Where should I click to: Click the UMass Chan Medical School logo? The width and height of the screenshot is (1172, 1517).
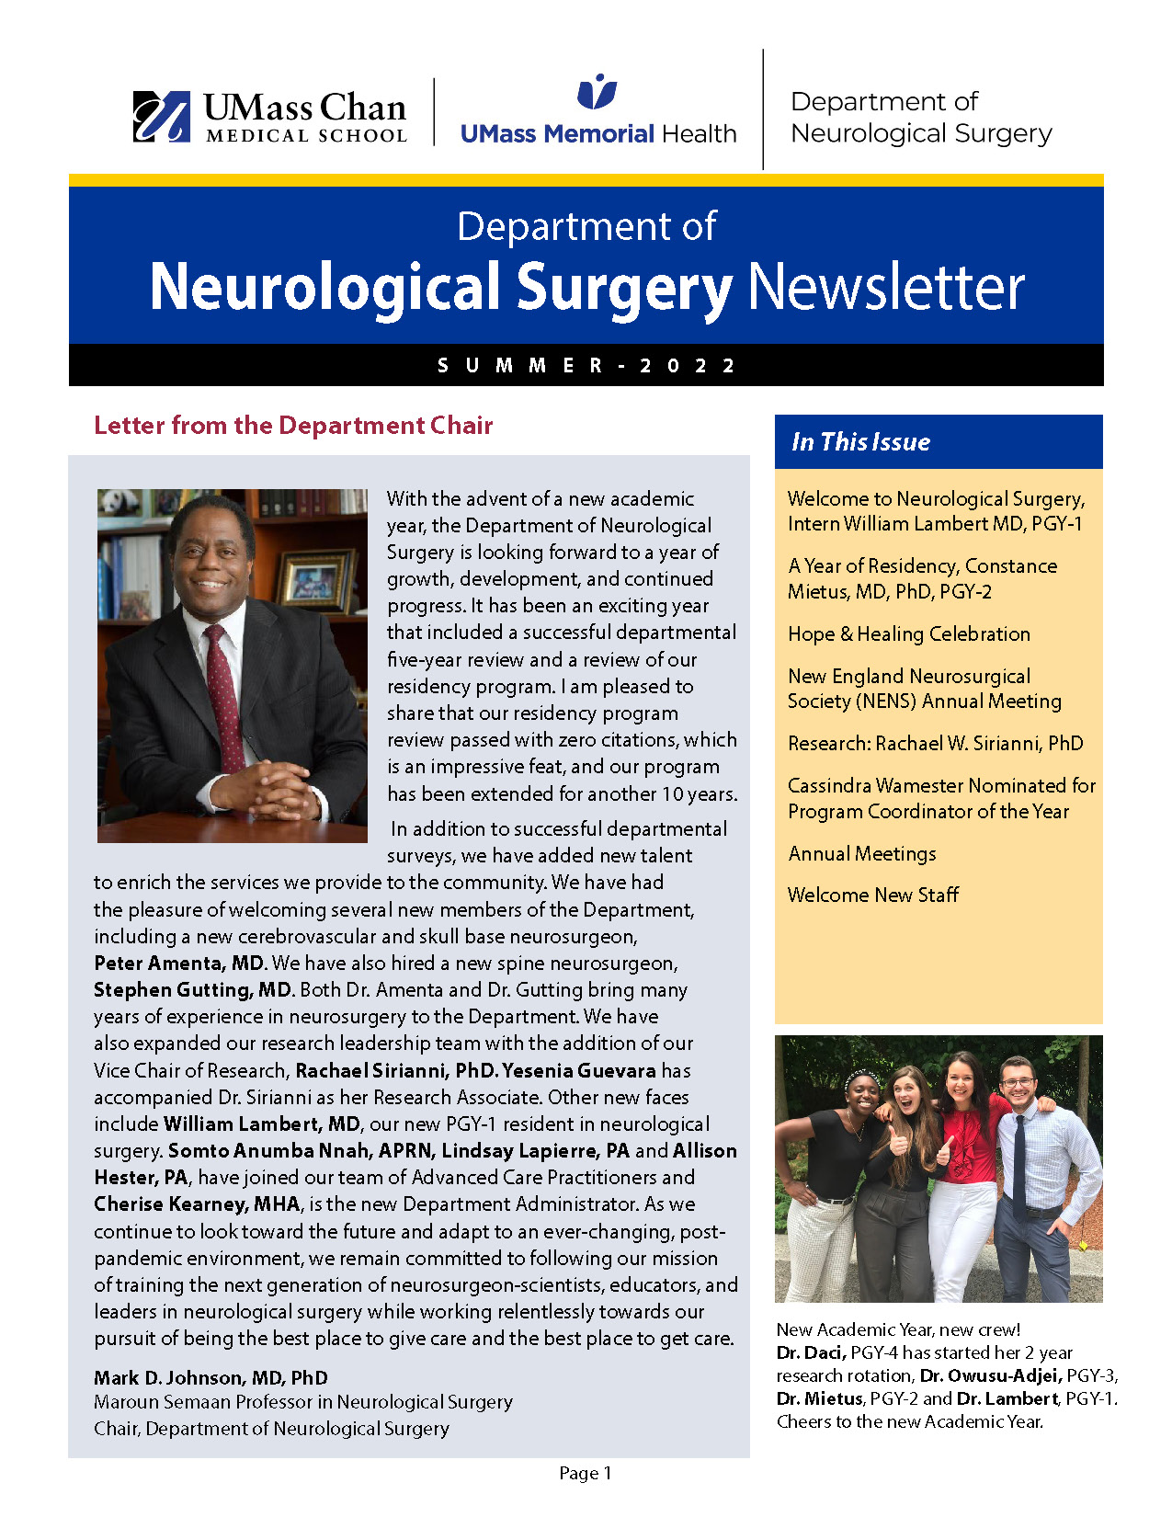pos(269,118)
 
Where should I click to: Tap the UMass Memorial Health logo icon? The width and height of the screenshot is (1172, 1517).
pos(597,92)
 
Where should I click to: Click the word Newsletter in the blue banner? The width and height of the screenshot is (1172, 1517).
pos(886,288)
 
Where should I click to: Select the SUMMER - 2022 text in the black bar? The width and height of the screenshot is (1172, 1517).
pos(586,366)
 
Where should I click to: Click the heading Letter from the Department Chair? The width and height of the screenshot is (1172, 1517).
pos(293,426)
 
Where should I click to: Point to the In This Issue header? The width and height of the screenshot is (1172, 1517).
pos(860,442)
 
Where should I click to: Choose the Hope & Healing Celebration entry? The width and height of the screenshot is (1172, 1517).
pos(908,634)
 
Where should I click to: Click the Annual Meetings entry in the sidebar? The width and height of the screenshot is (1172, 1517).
pos(862,854)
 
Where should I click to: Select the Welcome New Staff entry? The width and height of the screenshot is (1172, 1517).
pos(873,895)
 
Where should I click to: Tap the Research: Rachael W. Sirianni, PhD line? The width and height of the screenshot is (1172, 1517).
pos(935,744)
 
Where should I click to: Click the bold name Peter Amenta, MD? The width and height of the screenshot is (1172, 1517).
pos(180,964)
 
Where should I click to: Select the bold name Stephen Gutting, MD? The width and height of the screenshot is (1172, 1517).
pos(193,990)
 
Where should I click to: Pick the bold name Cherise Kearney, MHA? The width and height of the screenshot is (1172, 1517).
pos(197,1204)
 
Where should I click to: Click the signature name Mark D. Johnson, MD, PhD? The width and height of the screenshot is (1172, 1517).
pos(211,1378)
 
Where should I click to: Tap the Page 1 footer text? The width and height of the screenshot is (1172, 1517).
pos(586,1474)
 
